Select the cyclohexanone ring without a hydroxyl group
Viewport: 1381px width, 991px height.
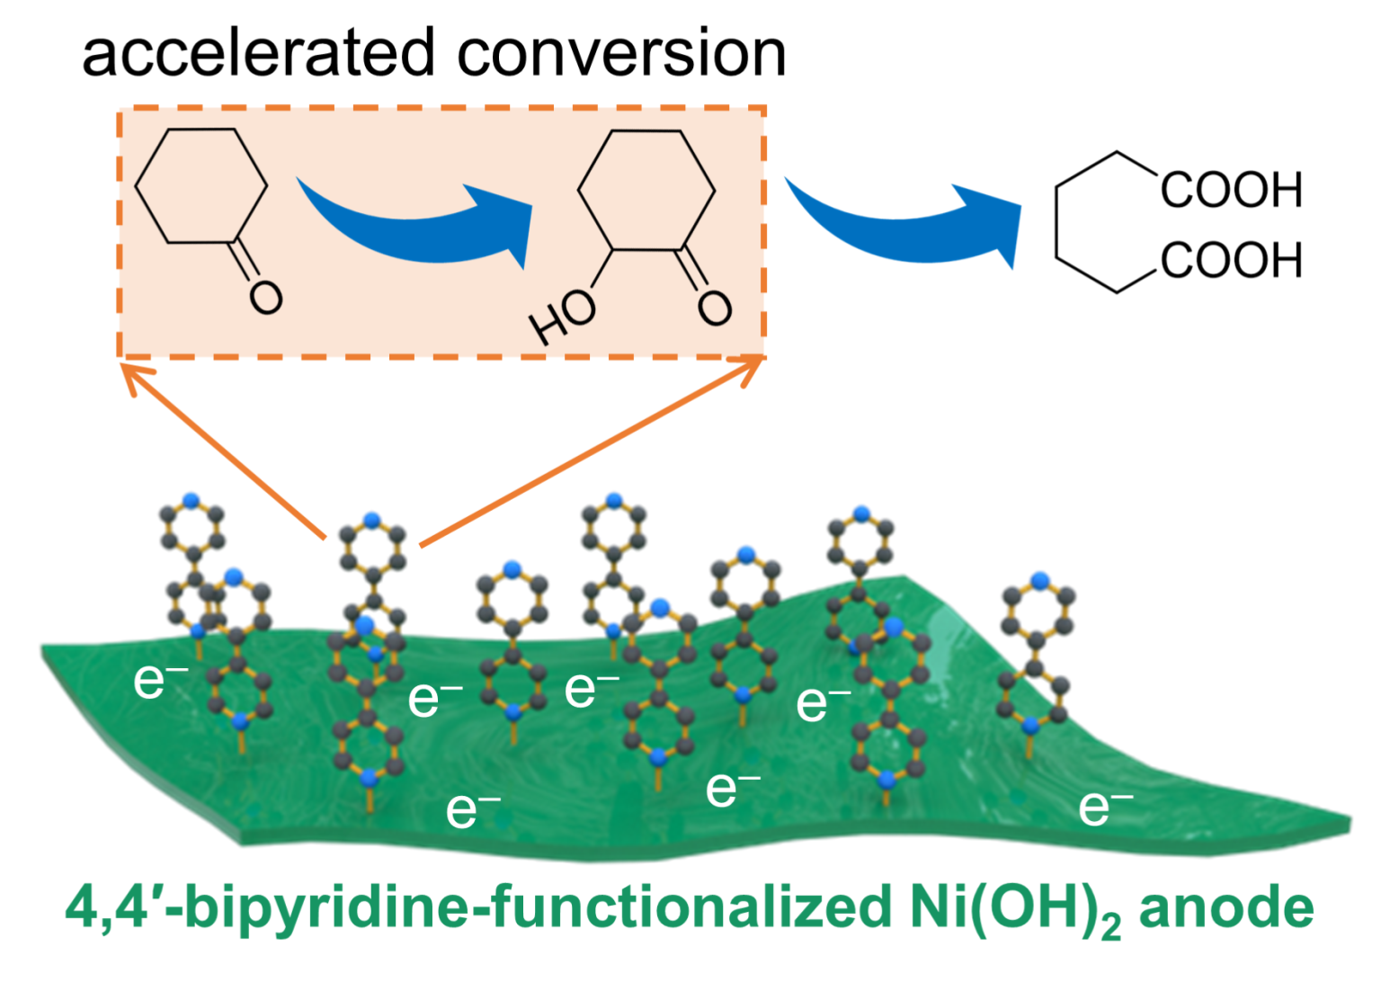tap(200, 186)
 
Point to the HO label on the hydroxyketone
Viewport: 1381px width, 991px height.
tap(563, 317)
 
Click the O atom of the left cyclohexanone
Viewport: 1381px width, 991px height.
tap(266, 297)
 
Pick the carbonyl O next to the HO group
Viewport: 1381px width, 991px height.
tap(715, 308)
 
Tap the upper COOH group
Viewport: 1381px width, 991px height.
tap(1231, 190)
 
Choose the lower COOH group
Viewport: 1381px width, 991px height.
tap(1231, 260)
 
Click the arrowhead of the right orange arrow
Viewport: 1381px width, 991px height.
tap(751, 367)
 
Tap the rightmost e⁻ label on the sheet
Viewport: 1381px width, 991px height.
tap(1105, 806)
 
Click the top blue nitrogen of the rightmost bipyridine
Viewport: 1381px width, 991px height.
tap(1040, 580)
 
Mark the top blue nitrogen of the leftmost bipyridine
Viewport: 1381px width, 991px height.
tap(191, 499)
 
